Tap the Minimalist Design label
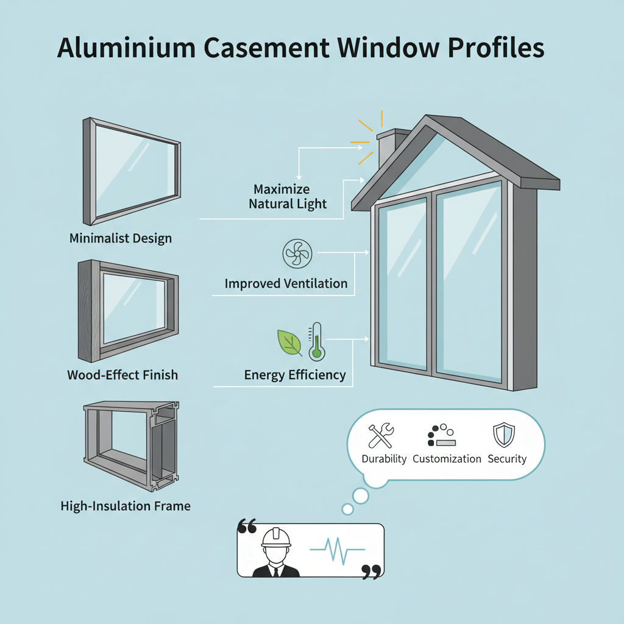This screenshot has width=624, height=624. coord(121,238)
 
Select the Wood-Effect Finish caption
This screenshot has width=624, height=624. coord(122,374)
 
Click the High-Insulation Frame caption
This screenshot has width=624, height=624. coord(126,506)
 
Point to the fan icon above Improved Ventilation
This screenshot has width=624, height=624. coord(297,253)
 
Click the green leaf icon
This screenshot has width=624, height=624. coord(289,342)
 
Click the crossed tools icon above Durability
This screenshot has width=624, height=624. coord(381,436)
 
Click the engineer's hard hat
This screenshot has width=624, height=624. coord(276,537)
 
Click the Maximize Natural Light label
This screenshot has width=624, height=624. coord(288,196)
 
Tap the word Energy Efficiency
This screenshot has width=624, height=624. coord(295,374)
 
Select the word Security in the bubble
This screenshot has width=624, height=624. coord(507,459)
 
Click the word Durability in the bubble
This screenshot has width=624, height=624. coord(384,459)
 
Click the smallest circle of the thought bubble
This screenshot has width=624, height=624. coord(348,509)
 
